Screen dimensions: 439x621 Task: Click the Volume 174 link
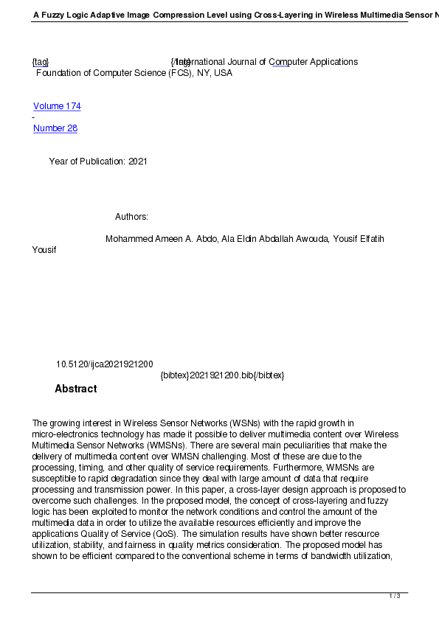tap(57, 106)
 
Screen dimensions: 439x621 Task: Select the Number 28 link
tap(55, 128)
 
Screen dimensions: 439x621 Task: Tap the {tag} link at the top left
tap(41, 62)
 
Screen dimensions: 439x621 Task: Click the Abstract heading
tap(75, 389)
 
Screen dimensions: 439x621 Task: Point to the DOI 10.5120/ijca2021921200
tap(105, 364)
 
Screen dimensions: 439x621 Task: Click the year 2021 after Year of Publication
tap(138, 162)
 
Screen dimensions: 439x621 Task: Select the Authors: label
tap(132, 217)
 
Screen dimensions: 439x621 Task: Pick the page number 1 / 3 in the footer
tap(395, 596)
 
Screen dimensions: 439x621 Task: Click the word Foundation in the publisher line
tap(58, 73)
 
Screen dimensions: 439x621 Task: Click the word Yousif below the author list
tap(44, 250)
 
